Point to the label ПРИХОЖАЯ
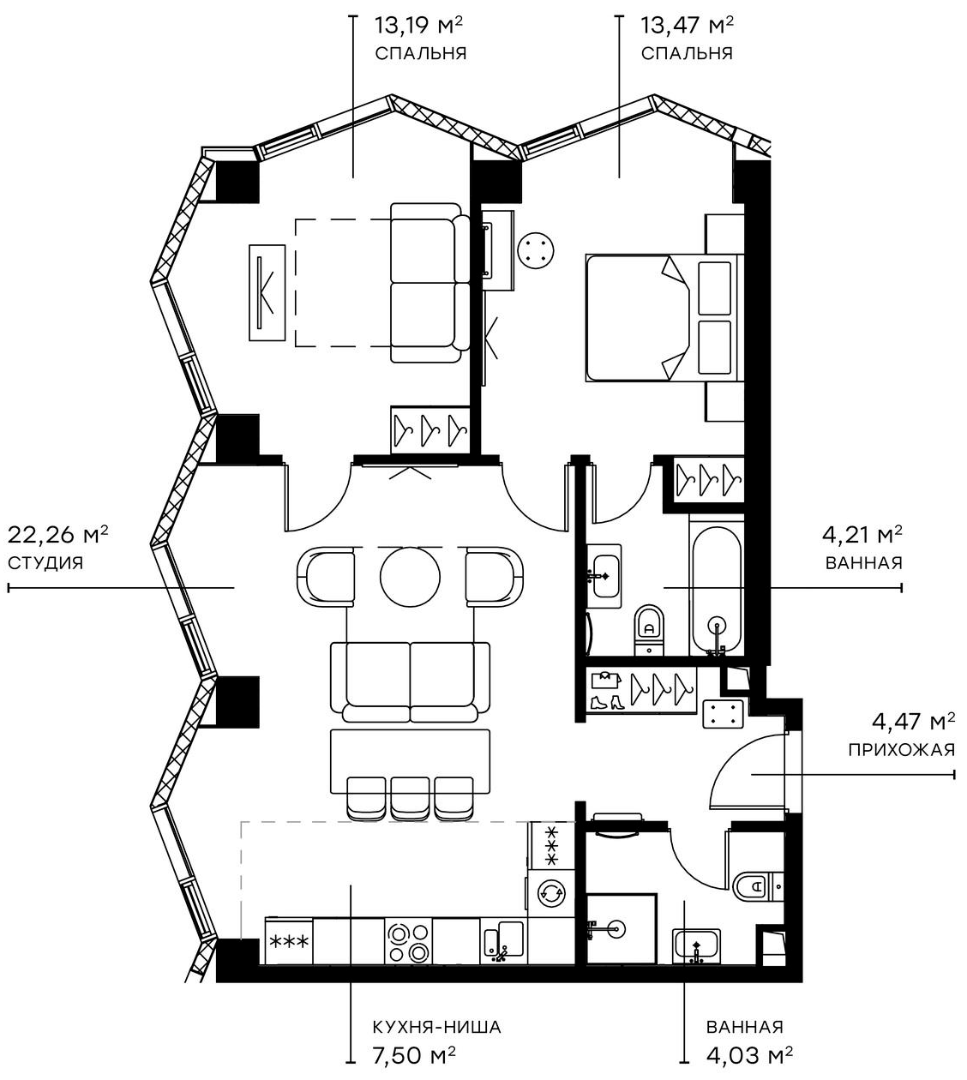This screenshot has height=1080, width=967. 901,750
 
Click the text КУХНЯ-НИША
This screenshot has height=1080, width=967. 436,1027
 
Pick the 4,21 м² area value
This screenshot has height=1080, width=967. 862,536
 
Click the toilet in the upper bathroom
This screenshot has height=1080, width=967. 649,630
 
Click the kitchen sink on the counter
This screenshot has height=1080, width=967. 502,941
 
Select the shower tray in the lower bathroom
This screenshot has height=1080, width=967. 621,928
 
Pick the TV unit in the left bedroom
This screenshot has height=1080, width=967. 267,291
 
